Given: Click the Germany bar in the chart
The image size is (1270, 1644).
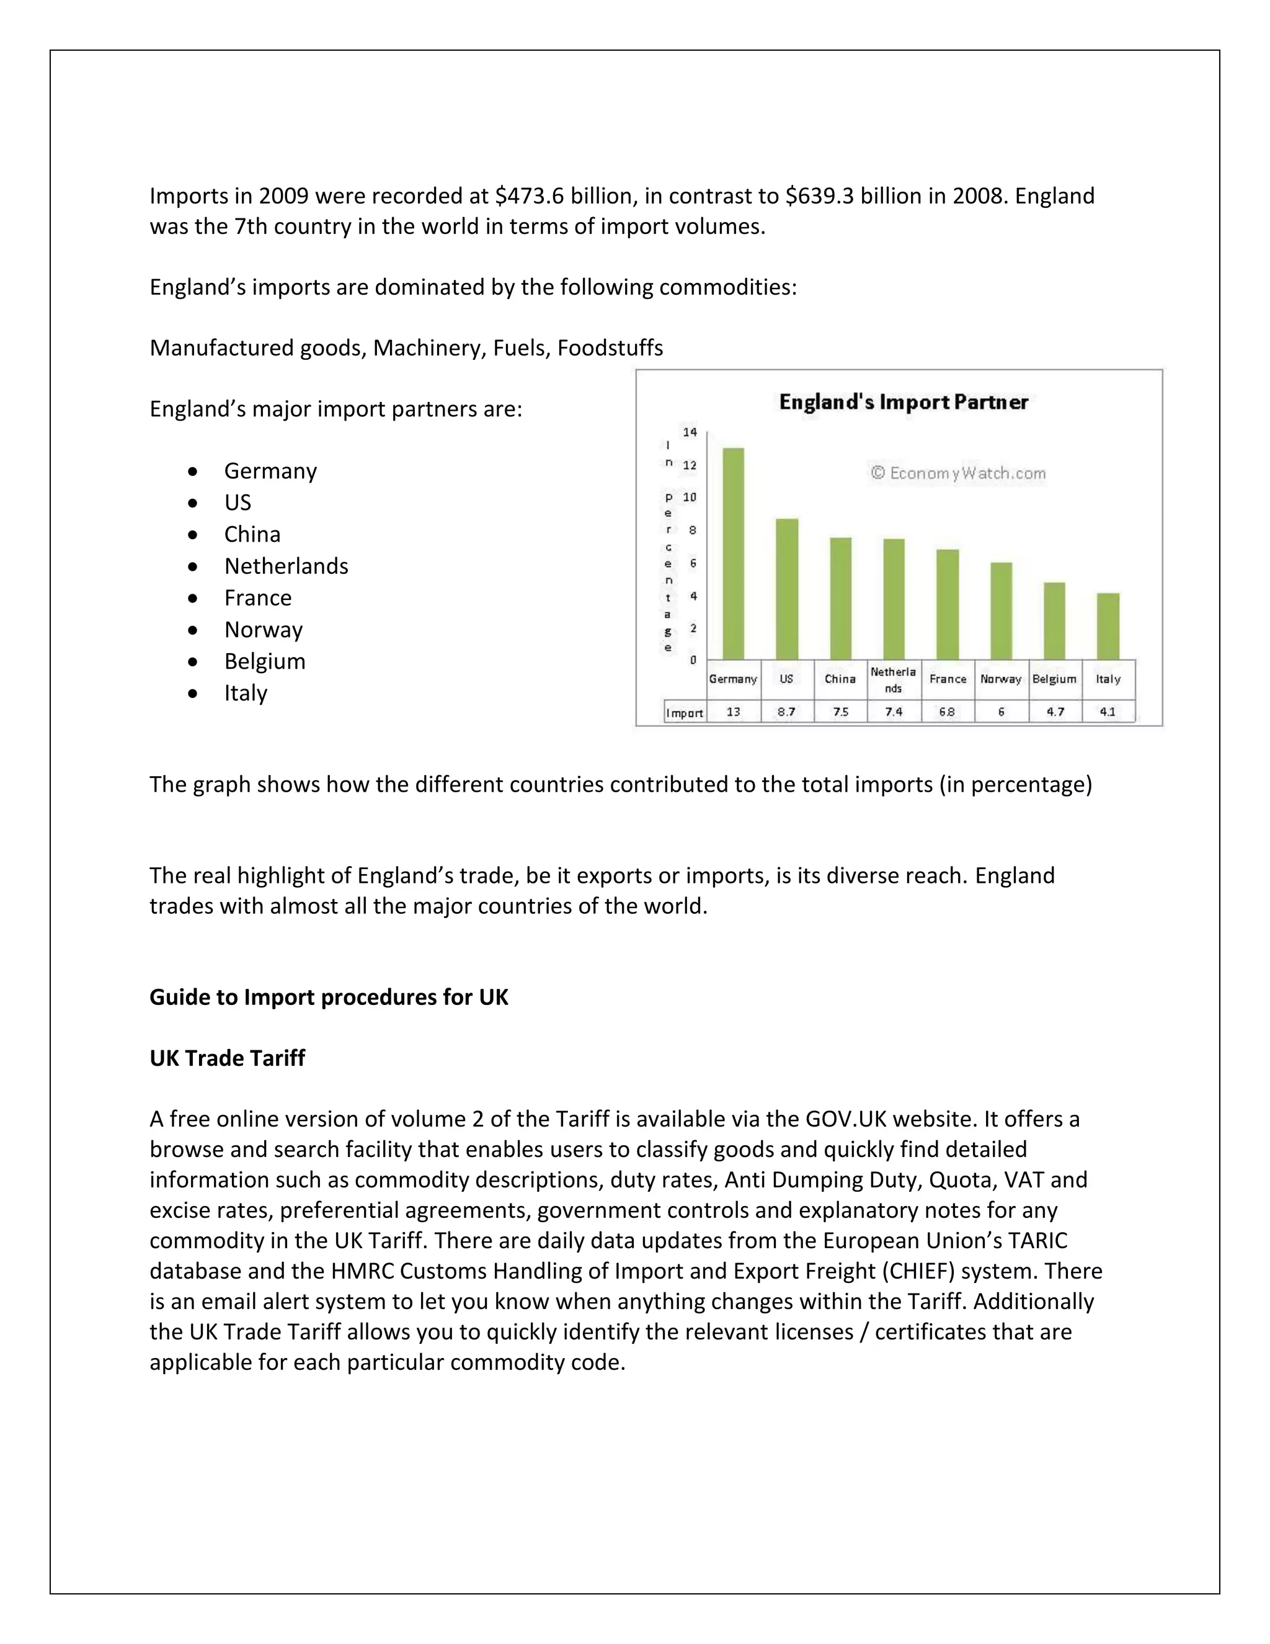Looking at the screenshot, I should [x=733, y=554].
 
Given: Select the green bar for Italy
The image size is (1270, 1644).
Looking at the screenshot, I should [x=1108, y=627].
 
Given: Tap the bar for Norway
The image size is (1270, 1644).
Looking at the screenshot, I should [x=1001, y=611].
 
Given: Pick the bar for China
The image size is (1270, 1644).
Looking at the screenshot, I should [x=840, y=599].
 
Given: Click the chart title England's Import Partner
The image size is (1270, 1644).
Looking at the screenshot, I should [x=903, y=402].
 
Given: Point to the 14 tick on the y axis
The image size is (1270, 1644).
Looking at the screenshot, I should [x=690, y=432].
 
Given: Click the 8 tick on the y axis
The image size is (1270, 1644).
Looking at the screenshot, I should [x=693, y=530].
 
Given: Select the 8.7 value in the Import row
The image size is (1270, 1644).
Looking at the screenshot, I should [x=786, y=712].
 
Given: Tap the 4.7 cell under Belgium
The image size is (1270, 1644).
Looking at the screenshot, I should [x=1055, y=712].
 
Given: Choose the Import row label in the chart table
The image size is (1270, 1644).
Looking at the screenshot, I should [x=684, y=713].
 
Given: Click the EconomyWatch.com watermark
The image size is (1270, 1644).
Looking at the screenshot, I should [x=957, y=473].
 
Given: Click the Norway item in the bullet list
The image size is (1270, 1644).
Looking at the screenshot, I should [x=264, y=629].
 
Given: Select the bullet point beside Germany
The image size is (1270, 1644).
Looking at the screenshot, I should [x=193, y=471].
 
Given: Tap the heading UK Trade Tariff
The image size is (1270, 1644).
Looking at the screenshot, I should [x=227, y=1058].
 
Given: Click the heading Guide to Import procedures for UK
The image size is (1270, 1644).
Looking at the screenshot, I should [x=329, y=997].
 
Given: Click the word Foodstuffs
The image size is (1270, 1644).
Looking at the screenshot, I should [x=610, y=348].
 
